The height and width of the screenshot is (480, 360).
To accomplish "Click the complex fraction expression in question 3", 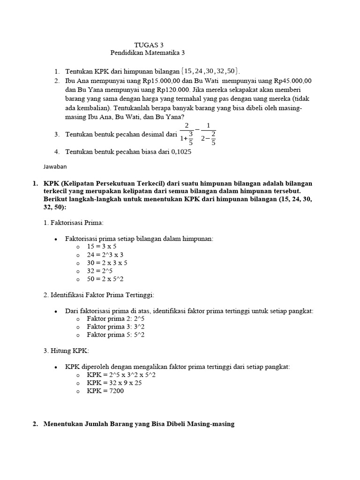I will point(198,134).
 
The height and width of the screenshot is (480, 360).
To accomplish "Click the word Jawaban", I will point(55,166).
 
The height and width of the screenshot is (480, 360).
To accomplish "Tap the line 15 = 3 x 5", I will point(102,246).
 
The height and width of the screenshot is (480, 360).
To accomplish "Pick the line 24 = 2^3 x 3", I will point(105,255).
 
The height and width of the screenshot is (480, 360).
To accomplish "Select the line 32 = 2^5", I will point(100,270).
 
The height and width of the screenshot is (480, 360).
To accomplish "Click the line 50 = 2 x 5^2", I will point(105,279).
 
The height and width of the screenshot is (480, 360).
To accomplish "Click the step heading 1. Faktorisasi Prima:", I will point(73,222).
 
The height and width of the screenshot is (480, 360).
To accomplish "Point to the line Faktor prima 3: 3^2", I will point(116,327).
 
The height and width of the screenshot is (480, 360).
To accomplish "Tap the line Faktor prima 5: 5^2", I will point(116,335).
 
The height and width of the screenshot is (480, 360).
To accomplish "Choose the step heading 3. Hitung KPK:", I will point(66,351).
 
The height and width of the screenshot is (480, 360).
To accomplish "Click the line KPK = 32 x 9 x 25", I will point(114,383).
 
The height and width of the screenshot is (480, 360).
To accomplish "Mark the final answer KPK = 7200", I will point(105,391).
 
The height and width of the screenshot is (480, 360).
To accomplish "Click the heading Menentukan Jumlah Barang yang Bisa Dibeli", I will point(139,424).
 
